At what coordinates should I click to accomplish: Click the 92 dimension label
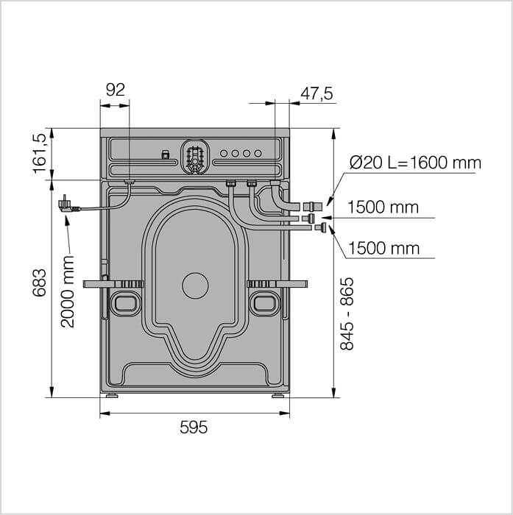click(116, 90)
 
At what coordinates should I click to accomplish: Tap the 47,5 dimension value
click(316, 93)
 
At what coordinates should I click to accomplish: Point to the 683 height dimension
click(40, 283)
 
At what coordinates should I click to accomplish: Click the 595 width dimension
click(194, 427)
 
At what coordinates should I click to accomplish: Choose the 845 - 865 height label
click(347, 314)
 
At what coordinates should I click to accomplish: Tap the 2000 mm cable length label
click(68, 291)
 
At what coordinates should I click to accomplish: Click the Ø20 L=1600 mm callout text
click(415, 163)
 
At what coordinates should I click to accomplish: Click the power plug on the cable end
click(68, 205)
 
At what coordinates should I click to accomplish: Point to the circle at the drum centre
click(195, 285)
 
